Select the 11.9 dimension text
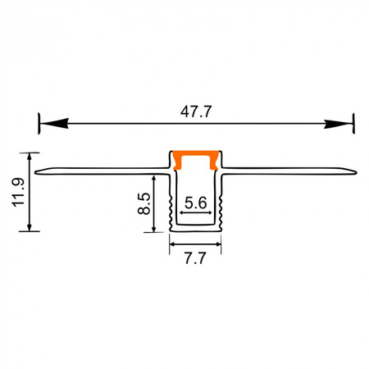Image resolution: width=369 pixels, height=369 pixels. pyautogui.click(x=18, y=192)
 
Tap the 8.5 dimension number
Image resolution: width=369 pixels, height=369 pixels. pyautogui.click(x=143, y=203)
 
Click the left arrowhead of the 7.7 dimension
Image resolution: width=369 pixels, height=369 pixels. pyautogui.click(x=174, y=244)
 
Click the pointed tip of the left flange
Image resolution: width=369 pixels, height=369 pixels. pyautogui.click(x=38, y=172)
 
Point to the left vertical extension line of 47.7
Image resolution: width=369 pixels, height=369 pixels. pyautogui.click(x=38, y=125)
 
